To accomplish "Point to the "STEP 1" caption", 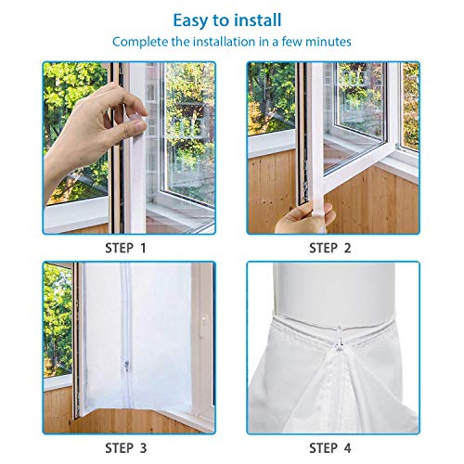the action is tap(125, 248).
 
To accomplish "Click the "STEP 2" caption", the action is tap(330, 248).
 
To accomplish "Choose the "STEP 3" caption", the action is tap(125, 448).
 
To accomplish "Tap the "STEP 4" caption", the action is tap(330, 448).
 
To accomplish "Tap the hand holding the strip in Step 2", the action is tap(304, 218).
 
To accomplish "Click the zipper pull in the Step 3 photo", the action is tap(127, 365).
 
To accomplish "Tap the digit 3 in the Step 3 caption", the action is tap(143, 448).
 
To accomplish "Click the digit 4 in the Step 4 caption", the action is tap(348, 448).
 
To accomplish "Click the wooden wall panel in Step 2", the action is tap(371, 201).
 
